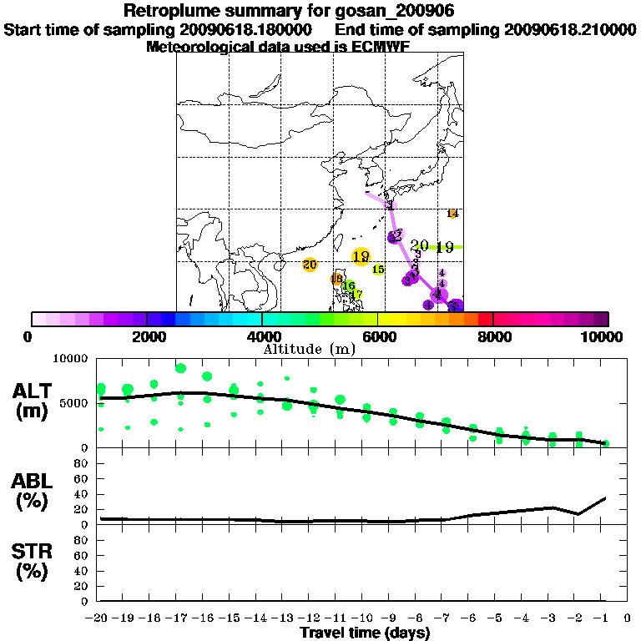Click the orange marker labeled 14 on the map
click(453, 214)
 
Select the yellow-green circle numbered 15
click(378, 270)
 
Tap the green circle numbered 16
click(349, 285)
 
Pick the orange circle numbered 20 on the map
click(310, 265)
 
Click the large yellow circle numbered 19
click(361, 257)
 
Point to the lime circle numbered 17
click(356, 295)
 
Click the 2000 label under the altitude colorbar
click(147, 337)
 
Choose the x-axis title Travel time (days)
click(365, 633)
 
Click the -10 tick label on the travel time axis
click(364, 618)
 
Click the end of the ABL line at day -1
click(605, 497)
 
